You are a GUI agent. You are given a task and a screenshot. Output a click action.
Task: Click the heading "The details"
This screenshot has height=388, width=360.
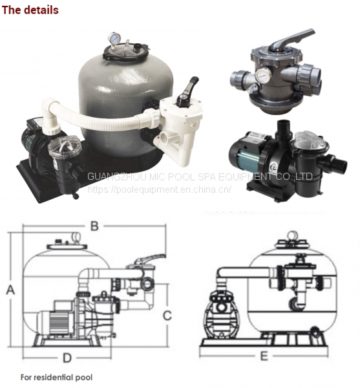(30, 10)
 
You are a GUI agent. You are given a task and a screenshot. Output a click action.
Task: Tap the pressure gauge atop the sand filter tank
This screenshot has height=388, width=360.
(114, 38)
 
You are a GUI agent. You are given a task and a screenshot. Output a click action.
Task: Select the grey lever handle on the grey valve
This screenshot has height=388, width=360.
(290, 40)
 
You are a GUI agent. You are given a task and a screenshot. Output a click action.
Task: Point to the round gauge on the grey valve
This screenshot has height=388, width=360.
(264, 75)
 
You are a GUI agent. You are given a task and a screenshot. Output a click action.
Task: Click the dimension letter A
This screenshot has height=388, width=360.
(10, 290)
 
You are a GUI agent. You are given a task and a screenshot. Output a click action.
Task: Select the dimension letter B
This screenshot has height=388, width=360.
(94, 226)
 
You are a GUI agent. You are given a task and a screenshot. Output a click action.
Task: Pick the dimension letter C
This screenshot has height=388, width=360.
(167, 316)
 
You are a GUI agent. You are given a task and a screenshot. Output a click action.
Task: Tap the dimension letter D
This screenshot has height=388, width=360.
(67, 358)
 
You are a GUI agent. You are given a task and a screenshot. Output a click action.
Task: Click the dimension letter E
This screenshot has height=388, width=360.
(264, 356)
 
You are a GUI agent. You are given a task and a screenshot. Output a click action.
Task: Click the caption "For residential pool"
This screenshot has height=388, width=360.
(56, 378)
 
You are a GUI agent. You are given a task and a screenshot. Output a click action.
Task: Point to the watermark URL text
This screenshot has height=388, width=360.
(160, 189)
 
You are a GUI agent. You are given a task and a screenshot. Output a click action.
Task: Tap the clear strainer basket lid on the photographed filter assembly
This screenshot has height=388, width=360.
(65, 147)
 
